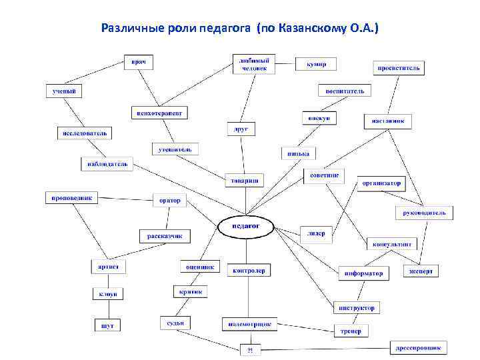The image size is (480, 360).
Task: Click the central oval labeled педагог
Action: [x=246, y=227]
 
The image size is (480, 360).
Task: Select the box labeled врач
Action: [x=138, y=62]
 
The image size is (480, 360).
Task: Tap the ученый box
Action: [x=63, y=91]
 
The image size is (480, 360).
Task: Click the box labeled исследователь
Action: [x=84, y=133]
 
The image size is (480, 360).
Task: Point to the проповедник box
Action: [x=71, y=197]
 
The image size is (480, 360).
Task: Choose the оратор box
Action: [x=170, y=200]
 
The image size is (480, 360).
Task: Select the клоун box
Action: [x=108, y=293]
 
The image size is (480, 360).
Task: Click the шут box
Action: [x=107, y=325]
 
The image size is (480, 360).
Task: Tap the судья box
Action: [x=175, y=323]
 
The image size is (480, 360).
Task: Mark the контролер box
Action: [x=249, y=271]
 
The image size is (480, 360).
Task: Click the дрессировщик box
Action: [x=419, y=347]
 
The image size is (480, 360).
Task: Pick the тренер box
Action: [x=350, y=331]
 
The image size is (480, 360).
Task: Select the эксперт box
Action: [x=421, y=271]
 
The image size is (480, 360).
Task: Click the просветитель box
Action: [x=399, y=68]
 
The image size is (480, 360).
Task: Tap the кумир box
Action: [x=316, y=64]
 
